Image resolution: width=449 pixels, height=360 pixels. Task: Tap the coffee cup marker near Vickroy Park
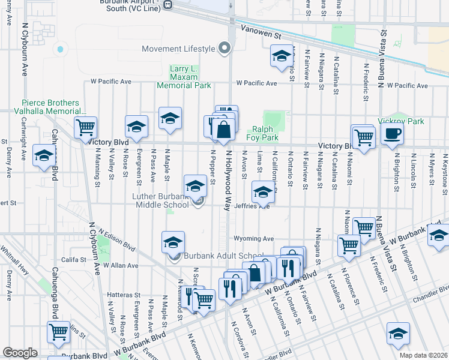pos(392,134)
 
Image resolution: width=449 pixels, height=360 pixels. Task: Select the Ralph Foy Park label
pos(262,133)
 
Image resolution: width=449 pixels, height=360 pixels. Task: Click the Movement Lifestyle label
pos(178,49)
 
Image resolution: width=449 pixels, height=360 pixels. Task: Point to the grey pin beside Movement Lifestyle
pos(225,48)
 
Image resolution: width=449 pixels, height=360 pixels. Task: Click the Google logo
pos(20,352)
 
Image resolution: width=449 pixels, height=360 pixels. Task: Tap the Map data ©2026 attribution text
pos(423,355)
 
